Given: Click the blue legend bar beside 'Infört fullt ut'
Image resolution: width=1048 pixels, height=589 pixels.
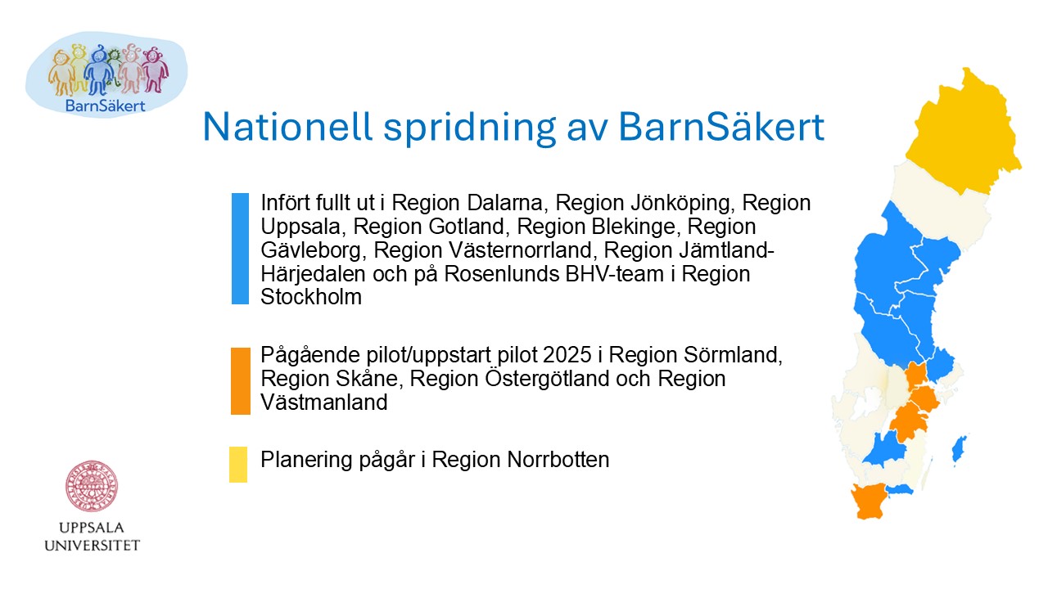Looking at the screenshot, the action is (240, 249).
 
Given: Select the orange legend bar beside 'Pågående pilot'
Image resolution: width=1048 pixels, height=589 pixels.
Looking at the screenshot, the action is (241, 381).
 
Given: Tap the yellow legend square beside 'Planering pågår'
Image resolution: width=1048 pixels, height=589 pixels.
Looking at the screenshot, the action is (238, 465).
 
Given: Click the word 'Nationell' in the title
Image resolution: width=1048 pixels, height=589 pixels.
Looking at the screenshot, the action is (287, 127).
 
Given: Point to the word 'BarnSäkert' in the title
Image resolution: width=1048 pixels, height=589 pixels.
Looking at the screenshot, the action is (721, 127).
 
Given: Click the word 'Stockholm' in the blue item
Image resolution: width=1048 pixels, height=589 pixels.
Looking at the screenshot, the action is (311, 297).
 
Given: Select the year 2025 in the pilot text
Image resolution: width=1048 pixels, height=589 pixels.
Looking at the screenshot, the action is (567, 355).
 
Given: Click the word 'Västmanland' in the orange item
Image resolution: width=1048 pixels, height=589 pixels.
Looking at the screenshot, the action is (324, 402).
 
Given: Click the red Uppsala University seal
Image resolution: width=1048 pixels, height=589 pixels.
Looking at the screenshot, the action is (91, 486).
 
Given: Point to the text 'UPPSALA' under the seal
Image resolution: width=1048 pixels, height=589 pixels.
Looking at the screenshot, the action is (91, 528).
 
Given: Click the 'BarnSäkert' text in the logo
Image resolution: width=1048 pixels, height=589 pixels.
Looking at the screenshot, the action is (106, 106).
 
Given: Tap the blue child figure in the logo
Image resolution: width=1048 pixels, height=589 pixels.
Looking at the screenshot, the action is (99, 70).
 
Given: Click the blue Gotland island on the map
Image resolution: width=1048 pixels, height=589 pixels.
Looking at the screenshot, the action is (959, 450).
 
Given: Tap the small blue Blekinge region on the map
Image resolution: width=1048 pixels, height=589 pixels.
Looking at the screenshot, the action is (899, 489).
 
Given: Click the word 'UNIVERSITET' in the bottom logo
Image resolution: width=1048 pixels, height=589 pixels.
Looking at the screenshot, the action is (93, 546).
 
